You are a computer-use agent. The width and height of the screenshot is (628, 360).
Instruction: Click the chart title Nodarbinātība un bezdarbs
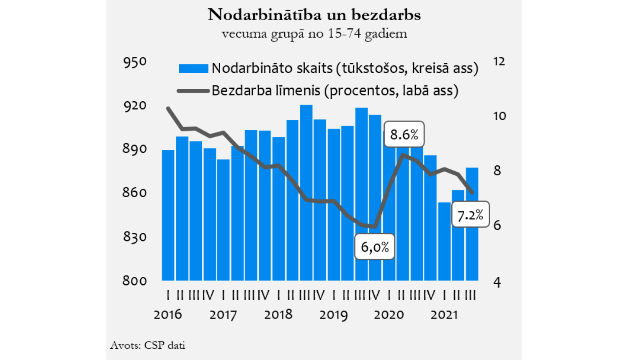314,15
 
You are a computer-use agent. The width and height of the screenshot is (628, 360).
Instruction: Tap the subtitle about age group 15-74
314,33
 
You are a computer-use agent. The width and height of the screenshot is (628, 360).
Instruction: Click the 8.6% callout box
404,134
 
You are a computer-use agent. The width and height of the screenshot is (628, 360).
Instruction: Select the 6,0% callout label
375,247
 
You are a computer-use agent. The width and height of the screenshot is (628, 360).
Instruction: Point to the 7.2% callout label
470,215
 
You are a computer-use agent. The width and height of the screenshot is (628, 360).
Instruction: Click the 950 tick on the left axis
135,62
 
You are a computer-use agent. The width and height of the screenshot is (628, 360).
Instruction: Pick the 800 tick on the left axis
135,280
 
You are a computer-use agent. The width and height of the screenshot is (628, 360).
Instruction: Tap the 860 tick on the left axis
135,193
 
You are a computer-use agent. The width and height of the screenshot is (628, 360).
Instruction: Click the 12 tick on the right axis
499,62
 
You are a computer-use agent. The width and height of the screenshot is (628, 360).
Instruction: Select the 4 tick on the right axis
497,282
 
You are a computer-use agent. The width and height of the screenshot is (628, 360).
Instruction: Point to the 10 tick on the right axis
499,116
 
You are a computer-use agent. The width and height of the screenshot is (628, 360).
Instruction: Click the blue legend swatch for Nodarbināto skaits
193,68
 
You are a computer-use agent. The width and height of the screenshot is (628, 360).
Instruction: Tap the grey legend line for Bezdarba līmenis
193,91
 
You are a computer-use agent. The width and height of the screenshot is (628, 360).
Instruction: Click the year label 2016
167,314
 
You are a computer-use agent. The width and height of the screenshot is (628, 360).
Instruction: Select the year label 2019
333,314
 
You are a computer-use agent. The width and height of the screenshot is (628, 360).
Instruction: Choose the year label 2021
444,314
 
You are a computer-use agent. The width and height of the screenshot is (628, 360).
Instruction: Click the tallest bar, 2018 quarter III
306,193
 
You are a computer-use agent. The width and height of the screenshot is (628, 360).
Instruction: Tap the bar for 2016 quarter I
168,215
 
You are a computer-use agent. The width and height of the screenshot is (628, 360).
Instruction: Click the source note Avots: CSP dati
147,345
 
